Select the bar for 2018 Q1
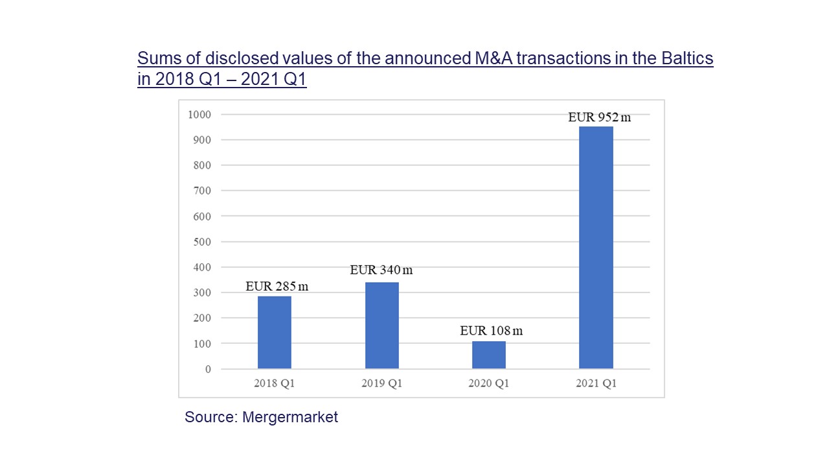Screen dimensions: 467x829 (275, 332)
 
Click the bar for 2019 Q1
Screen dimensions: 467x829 (381, 326)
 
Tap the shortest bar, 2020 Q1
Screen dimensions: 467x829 (489, 355)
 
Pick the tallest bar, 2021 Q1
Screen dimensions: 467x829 (596, 248)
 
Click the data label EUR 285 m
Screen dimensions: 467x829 (277, 287)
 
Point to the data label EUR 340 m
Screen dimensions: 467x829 (381, 270)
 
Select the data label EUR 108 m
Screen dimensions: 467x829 (491, 331)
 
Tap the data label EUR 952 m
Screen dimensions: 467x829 (599, 117)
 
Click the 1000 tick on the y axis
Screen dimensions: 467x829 (199, 115)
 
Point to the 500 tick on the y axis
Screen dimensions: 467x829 (202, 242)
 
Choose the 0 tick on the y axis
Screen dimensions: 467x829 (208, 369)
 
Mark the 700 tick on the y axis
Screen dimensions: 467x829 (202, 191)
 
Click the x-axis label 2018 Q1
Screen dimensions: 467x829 (275, 383)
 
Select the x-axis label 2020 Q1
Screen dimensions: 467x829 (489, 383)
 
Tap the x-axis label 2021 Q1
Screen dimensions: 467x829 (596, 383)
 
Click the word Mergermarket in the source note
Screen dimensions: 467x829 (290, 417)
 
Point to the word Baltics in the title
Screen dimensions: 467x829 (683, 58)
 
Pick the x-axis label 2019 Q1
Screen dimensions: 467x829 (381, 383)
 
